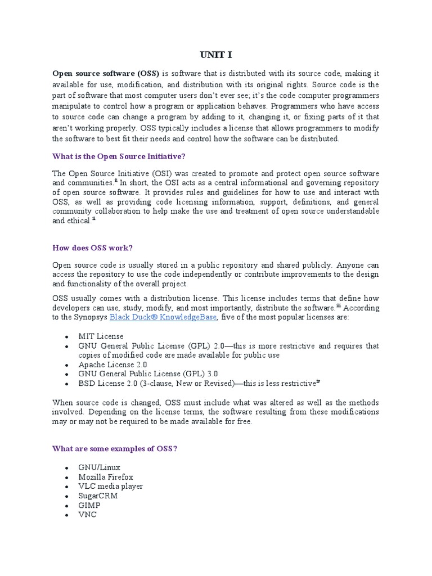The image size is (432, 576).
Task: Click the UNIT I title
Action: point(215,55)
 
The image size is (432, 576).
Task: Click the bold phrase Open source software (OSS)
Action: point(106,74)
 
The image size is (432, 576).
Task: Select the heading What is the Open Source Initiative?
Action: point(118,156)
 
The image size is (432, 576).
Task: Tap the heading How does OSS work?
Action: point(92,247)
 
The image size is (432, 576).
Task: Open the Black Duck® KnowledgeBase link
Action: point(163,318)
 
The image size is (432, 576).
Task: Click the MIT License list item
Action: point(101,336)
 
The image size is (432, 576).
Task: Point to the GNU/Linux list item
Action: point(100,467)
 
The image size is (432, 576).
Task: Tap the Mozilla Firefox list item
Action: point(106,477)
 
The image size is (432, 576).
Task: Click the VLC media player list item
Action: point(111,486)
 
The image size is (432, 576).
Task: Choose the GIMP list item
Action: point(89,505)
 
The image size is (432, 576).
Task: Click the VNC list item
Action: point(88,514)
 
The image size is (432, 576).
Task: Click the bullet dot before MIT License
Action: point(67,337)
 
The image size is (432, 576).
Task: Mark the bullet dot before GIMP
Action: point(67,506)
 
